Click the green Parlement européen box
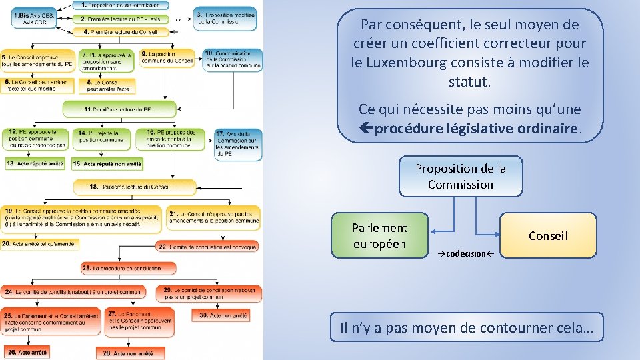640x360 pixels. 380,235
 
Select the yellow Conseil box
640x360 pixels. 548,235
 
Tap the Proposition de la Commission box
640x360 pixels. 461,177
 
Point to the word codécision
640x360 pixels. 466,254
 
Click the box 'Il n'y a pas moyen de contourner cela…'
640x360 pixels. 467,327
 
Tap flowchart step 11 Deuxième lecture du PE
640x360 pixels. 120,109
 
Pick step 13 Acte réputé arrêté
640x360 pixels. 35,163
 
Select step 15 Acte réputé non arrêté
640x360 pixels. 106,163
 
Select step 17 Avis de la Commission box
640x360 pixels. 237,144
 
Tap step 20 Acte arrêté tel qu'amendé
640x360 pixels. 40,245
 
